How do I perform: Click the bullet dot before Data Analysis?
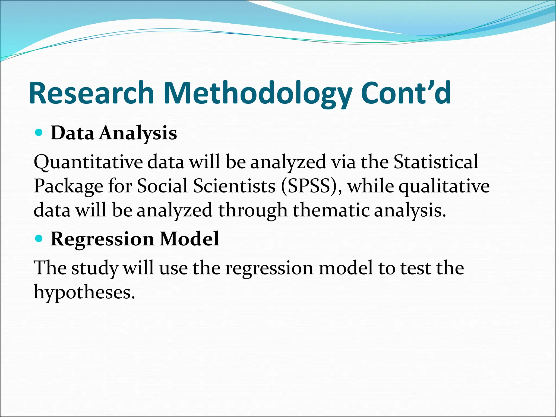(x=39, y=133)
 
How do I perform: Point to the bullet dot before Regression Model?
(x=39, y=239)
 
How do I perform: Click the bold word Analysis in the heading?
(x=138, y=133)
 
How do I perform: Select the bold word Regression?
(x=102, y=239)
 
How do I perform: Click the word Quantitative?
(x=88, y=162)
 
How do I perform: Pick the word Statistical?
(x=436, y=162)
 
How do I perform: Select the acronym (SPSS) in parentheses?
(x=311, y=187)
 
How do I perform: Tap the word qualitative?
(x=444, y=187)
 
